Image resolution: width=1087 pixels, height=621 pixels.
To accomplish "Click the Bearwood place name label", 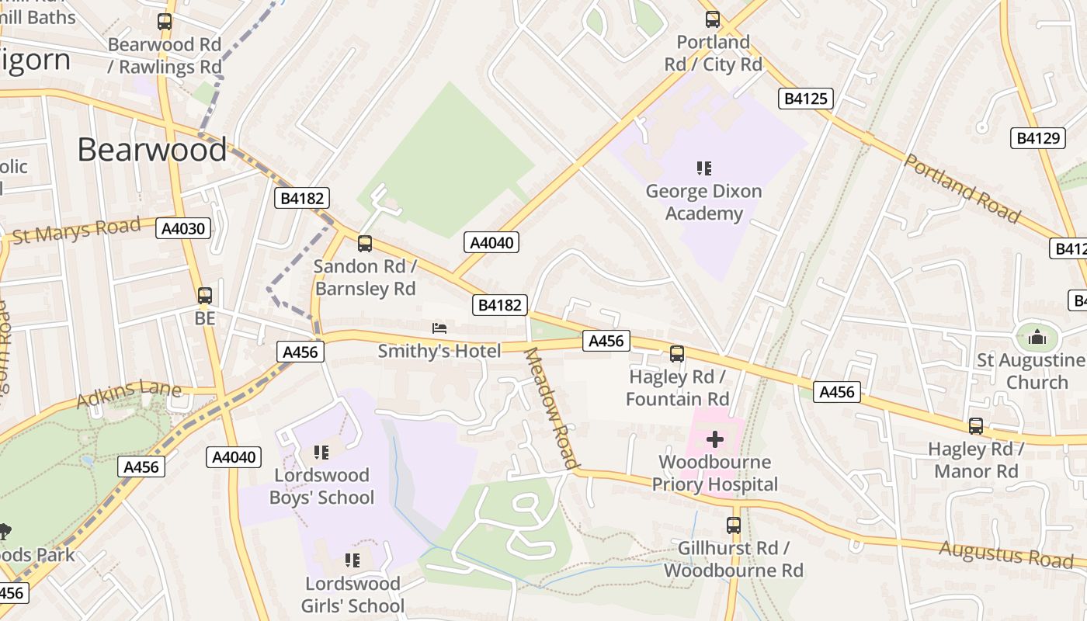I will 151,149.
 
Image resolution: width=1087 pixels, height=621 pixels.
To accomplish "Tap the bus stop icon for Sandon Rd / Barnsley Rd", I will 365,244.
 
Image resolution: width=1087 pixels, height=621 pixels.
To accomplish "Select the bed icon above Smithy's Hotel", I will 439,328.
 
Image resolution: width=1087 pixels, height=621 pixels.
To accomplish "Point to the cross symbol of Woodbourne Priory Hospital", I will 714,440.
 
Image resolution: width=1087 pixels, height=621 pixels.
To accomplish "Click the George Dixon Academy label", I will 703,202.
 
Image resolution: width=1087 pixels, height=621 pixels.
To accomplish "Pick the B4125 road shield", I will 806,99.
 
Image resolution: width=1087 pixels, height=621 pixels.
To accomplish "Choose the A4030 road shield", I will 183,228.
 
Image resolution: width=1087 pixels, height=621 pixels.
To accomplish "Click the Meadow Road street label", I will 552,408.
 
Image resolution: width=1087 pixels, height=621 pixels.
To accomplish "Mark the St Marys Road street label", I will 77,231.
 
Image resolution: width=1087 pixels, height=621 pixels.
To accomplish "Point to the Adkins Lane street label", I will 128,394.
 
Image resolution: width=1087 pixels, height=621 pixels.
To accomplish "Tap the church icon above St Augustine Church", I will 1037,337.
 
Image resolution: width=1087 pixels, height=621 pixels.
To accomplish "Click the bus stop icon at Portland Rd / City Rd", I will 713,19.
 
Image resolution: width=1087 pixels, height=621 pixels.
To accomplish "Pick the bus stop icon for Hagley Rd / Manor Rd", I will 976,426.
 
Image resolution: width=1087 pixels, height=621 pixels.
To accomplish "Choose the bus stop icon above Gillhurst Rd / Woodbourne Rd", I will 734,526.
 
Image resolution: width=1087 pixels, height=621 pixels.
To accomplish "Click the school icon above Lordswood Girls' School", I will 352,560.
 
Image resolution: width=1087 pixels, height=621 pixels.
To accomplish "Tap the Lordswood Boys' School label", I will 321,486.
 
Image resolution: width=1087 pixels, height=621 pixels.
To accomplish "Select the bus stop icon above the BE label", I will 205,296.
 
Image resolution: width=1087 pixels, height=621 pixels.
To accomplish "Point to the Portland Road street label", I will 961,189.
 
